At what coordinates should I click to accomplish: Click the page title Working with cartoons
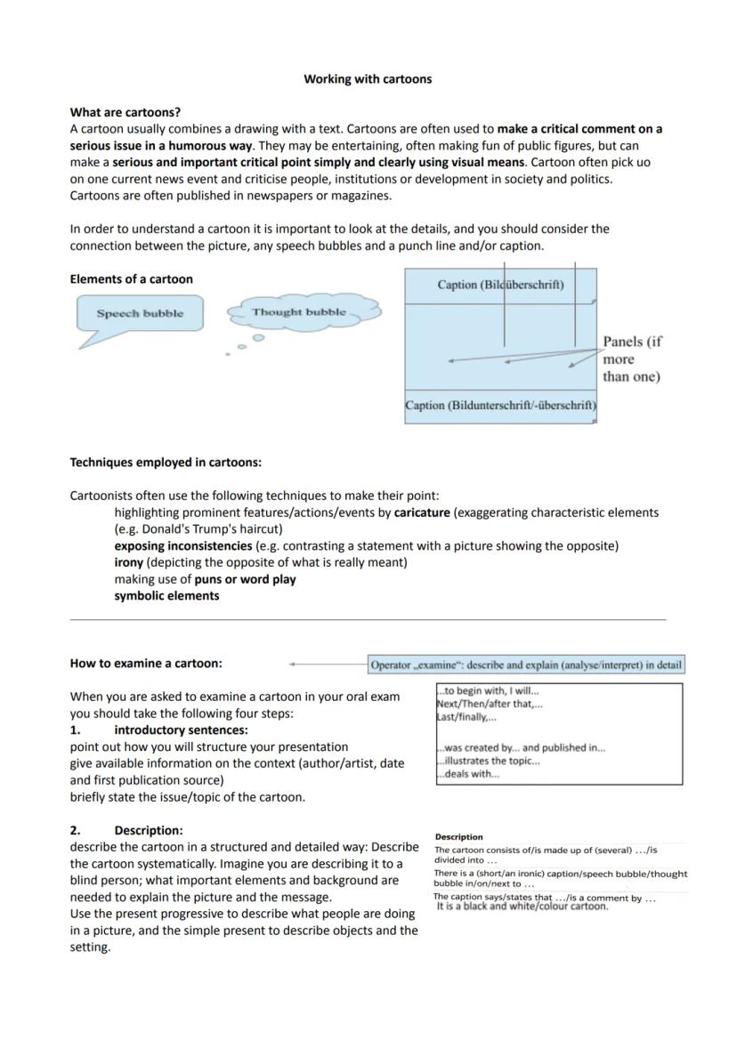coord(368,79)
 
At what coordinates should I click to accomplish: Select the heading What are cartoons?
coord(126,112)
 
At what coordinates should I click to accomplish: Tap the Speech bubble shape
coord(140,313)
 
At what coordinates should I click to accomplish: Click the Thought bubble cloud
coord(298,312)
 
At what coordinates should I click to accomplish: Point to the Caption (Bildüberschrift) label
coord(500,285)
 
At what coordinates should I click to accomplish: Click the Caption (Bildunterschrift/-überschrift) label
coord(500,406)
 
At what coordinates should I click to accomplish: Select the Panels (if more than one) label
coord(632,359)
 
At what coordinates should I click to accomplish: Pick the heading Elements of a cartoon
coord(132,279)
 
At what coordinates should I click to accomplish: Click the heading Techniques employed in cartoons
coord(166,463)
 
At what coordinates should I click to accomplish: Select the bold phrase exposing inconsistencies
coord(182,545)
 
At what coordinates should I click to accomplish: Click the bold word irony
coord(128,562)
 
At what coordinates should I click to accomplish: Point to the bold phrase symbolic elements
coord(166,596)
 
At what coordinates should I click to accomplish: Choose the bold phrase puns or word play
coord(246,579)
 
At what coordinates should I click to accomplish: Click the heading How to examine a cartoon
coord(146,664)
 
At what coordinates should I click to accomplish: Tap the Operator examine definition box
coord(526,665)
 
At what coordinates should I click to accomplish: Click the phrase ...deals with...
coord(468,774)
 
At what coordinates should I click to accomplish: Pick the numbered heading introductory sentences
coord(181,730)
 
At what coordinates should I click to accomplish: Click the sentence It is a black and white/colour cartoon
coord(522,907)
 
